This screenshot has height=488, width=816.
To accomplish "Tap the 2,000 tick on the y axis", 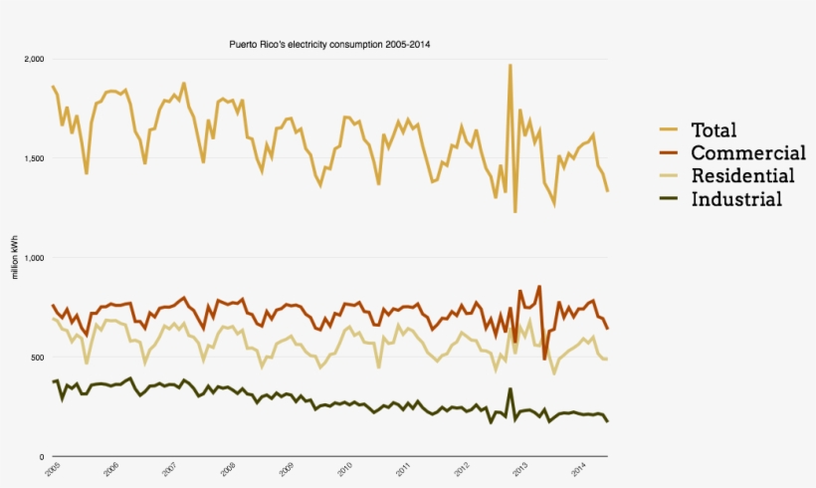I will (x=34, y=60).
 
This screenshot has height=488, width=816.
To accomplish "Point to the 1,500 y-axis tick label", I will (x=34, y=159).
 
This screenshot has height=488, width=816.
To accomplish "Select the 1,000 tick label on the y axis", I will (x=34, y=258).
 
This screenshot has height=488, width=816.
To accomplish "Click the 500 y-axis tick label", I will (x=38, y=358).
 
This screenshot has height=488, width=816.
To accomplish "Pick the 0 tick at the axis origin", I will (x=42, y=456).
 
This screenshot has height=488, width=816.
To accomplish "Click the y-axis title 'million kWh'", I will (x=15, y=258).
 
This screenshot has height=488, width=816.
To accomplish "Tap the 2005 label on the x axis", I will (x=51, y=468).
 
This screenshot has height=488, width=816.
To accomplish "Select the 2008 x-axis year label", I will (x=228, y=468).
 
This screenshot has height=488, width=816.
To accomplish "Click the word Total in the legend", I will (x=714, y=130).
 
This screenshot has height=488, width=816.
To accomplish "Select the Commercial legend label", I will (x=747, y=153).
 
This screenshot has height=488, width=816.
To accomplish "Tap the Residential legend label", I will (x=742, y=176).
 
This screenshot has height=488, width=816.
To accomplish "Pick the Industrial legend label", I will (x=736, y=199).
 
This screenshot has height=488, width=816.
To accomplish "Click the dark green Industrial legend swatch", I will (x=668, y=199).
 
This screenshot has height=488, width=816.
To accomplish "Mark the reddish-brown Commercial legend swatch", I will (x=668, y=153).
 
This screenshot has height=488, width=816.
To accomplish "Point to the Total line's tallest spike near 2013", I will (x=510, y=66).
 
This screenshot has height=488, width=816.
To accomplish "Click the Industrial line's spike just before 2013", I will (x=510, y=389).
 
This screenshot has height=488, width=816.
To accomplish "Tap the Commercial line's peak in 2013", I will (x=539, y=287).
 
